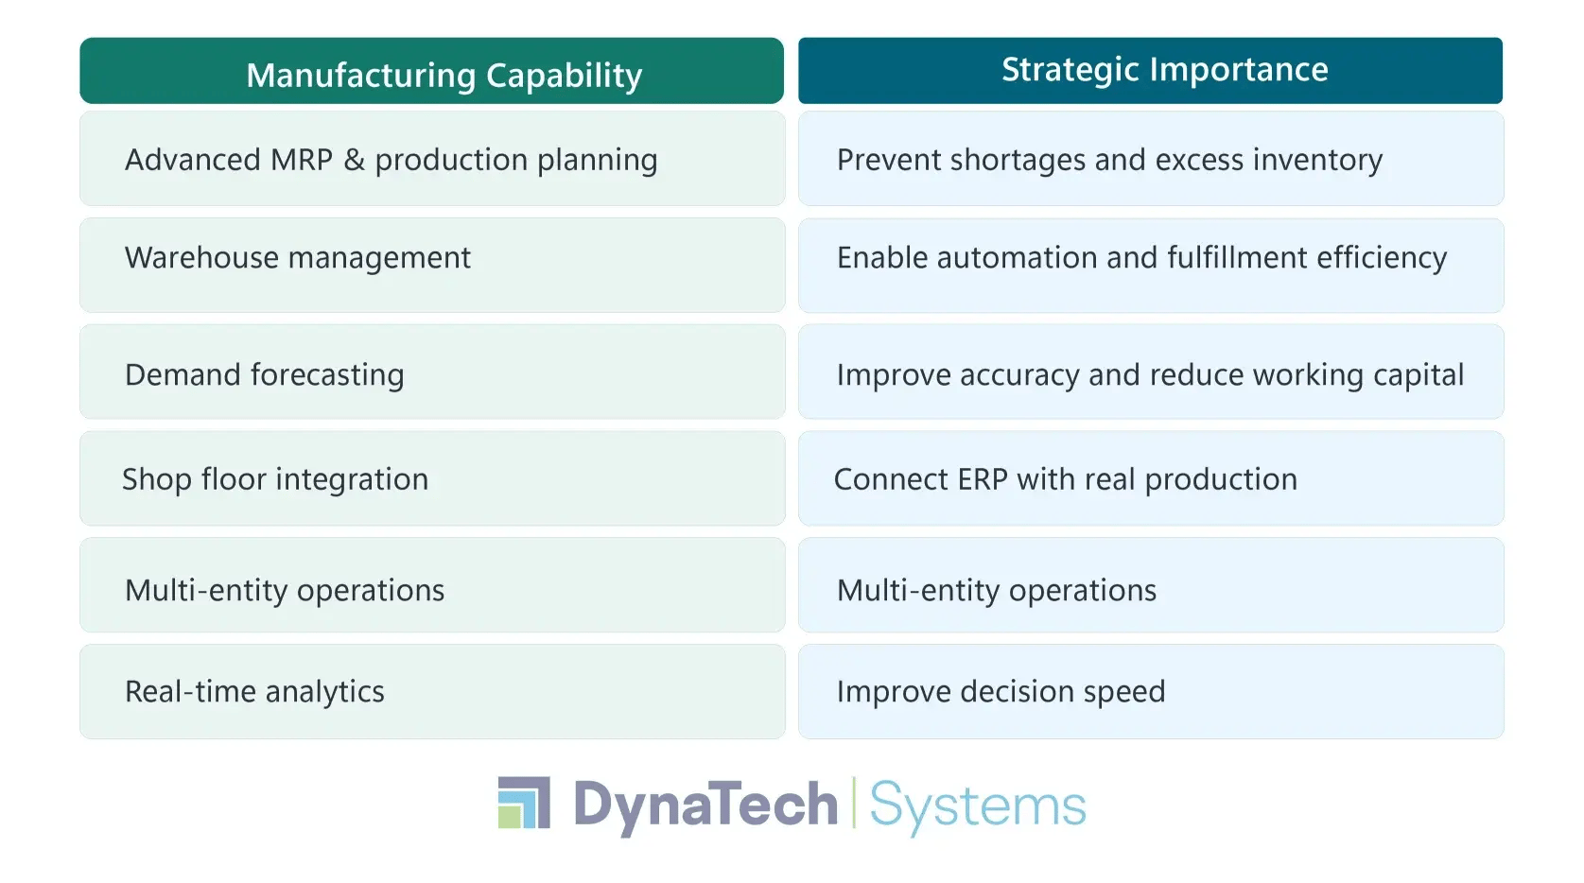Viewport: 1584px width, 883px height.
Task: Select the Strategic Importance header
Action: tap(1164, 70)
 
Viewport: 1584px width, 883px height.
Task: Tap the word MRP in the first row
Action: tap(302, 160)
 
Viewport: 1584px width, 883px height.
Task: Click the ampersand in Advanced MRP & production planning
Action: tap(355, 160)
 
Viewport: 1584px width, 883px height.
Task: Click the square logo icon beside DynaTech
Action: tap(524, 803)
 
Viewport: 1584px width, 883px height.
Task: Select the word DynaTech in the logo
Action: tap(705, 805)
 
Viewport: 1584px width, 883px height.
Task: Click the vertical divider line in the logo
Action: tap(854, 803)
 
